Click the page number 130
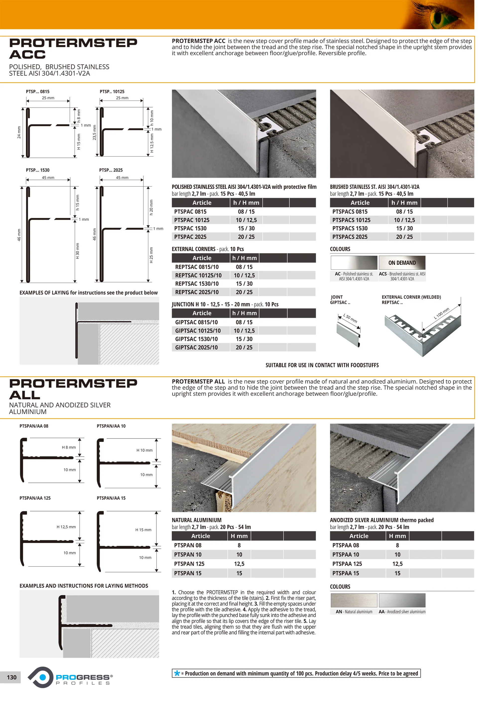(12, 677)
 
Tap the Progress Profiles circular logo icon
(41, 677)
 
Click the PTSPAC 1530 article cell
(190, 228)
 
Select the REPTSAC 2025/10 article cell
(197, 292)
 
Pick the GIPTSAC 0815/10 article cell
(196, 322)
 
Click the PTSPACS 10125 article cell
(351, 220)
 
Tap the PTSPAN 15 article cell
(187, 573)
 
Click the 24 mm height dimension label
(19, 132)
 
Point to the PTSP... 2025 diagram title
(111, 170)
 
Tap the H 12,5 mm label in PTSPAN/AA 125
(66, 527)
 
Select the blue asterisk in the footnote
(177, 673)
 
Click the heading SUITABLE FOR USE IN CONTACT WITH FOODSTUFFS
(322, 365)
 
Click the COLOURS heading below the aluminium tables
(340, 587)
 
